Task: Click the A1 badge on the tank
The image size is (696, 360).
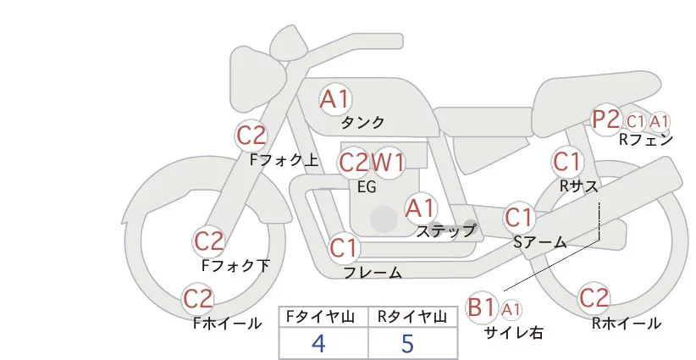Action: (334, 99)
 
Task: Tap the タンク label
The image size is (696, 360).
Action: (363, 122)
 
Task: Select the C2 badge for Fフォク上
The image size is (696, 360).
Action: (251, 135)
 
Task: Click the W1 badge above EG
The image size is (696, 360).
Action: (389, 162)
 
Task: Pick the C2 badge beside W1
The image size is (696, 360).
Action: (353, 162)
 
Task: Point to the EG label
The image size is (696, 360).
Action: (367, 186)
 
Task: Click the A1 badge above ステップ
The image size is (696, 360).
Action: (420, 208)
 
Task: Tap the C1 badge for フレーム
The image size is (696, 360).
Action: (344, 249)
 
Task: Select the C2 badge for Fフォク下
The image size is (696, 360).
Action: (208, 242)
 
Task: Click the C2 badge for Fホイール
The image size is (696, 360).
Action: (198, 299)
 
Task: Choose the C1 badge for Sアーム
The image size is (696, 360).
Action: (519, 218)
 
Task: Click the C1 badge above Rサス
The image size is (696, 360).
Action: (566, 161)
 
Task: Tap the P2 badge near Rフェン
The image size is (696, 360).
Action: (606, 120)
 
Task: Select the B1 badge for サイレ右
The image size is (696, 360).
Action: (483, 307)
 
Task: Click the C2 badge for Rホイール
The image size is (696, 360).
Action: (594, 299)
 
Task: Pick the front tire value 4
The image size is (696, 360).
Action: (318, 344)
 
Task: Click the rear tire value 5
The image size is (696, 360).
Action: (409, 344)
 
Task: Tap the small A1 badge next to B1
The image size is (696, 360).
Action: (511, 309)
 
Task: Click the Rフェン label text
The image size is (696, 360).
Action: (645, 140)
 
